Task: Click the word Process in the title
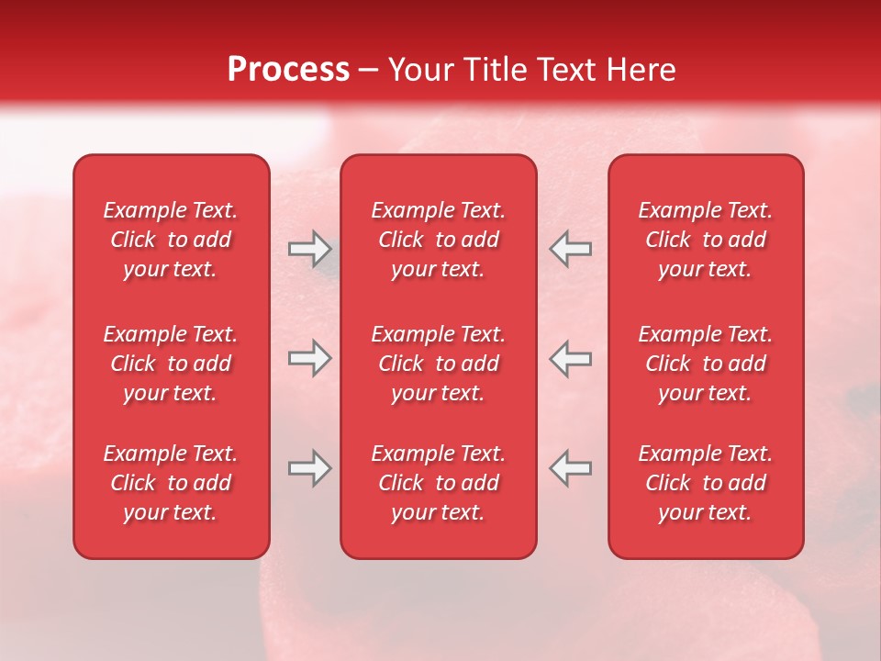(x=288, y=70)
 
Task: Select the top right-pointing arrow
(x=309, y=249)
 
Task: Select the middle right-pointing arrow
(x=309, y=358)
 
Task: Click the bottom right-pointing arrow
(x=309, y=468)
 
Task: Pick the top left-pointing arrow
(x=571, y=249)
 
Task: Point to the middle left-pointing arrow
(x=571, y=358)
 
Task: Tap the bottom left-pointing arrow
(x=571, y=468)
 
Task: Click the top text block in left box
(x=171, y=240)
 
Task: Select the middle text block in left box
(x=171, y=364)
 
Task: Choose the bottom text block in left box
(x=171, y=483)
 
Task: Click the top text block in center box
(x=438, y=240)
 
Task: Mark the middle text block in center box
(x=438, y=364)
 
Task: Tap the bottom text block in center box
(x=438, y=483)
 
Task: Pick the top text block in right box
(x=705, y=240)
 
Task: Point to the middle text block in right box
(x=705, y=364)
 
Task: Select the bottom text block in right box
(x=705, y=483)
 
